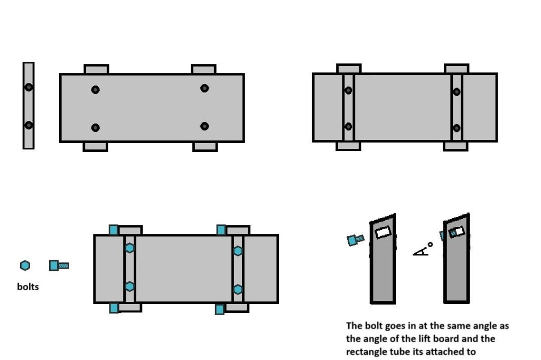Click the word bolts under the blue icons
[27, 287]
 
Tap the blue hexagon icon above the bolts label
[25, 265]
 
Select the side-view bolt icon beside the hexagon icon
[58, 265]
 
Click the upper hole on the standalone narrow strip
[29, 87]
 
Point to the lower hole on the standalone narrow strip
[29, 125]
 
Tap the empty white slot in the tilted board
[383, 232]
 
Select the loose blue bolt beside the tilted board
[355, 240]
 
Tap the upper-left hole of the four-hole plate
[95, 90]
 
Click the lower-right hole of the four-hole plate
[204, 126]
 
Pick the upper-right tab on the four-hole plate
[203, 69]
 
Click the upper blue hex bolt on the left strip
[130, 248]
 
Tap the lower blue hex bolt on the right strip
[238, 289]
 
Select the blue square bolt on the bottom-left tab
[114, 308]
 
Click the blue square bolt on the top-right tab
[221, 230]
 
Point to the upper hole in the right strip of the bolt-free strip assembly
[456, 92]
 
